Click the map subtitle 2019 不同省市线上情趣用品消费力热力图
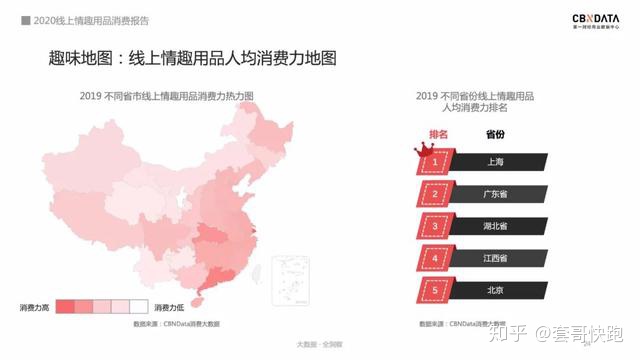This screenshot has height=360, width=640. (x=166, y=96)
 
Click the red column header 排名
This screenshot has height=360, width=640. (x=438, y=134)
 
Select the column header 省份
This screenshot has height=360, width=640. (x=495, y=134)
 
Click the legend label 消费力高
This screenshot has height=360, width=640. (x=35, y=307)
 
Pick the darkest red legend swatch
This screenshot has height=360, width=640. (x=65, y=306)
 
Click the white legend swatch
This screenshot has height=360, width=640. (x=139, y=306)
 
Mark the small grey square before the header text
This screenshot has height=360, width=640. (x=25, y=19)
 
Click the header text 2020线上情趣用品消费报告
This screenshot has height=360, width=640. (x=85, y=19)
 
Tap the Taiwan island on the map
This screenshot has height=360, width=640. (x=255, y=269)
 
